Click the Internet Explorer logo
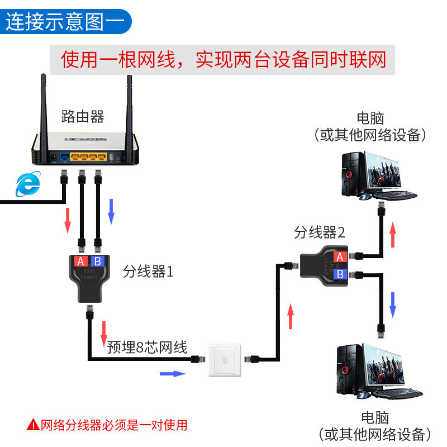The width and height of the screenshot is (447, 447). click(x=28, y=184)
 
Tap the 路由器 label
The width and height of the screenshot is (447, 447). click(x=83, y=117)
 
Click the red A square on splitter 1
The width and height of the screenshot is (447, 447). click(x=80, y=261)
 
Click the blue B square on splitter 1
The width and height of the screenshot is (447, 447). click(x=97, y=261)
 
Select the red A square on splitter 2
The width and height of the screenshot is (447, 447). click(x=339, y=256)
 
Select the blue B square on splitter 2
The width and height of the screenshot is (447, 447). click(x=339, y=274)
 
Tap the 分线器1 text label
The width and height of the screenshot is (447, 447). click(x=148, y=272)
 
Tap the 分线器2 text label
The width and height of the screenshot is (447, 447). click(x=320, y=232)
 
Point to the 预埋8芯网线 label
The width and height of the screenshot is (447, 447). click(x=147, y=348)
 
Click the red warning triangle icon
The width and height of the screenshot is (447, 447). click(x=34, y=425)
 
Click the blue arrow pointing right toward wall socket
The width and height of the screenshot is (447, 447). click(x=172, y=373)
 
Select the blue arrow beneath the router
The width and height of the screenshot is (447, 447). click(x=111, y=211)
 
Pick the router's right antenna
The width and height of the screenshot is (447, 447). click(x=130, y=106)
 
